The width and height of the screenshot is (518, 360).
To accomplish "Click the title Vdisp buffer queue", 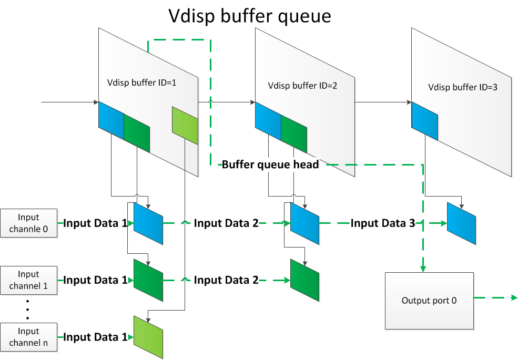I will coord(249,16).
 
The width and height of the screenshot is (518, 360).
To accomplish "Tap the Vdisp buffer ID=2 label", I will coord(294,85).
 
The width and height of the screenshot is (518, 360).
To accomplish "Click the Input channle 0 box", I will coord(28,223).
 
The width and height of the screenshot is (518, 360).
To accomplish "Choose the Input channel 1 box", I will coord(28,280).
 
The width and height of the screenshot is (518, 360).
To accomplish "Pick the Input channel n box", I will coord(28,337).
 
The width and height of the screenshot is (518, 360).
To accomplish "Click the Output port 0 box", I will coord(429,301).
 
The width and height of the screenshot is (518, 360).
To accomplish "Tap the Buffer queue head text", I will coord(270,164).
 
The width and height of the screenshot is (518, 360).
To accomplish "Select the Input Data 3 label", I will coord(383,223).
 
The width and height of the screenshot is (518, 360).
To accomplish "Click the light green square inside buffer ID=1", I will coord(185,125).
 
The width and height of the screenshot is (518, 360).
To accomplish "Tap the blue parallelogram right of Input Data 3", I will coord(461,223).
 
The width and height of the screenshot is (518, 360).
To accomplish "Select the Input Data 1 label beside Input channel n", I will coord(95,337).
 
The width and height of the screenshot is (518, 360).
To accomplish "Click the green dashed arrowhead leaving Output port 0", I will coord(514,298).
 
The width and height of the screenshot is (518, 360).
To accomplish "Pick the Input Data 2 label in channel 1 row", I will coord(226,280).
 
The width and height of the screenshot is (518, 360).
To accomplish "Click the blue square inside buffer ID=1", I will coord(111,121).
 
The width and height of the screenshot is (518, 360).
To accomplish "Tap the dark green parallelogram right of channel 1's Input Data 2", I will coord(305,280).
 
